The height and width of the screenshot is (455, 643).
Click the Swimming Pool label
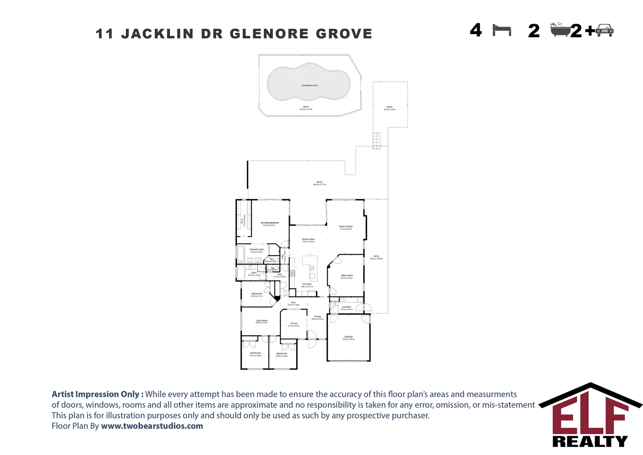[x=310, y=86]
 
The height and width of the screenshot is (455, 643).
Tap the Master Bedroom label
[x=269, y=223]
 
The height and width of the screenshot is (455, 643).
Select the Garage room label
[x=348, y=337]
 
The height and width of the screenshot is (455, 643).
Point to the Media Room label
[x=347, y=276]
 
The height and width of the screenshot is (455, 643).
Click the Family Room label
[x=345, y=227]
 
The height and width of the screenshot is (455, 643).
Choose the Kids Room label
[x=261, y=321]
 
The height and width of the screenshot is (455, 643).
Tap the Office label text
[x=294, y=324]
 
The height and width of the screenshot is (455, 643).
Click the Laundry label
[x=346, y=307]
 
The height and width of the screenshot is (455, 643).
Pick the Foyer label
[x=317, y=317]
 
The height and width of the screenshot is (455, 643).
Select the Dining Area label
[x=308, y=239]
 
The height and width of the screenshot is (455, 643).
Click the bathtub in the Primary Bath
[x=241, y=254]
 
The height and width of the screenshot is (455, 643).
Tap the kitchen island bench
[x=310, y=268]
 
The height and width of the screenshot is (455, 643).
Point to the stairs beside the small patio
[x=377, y=141]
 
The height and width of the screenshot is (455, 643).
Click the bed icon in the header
[x=502, y=30]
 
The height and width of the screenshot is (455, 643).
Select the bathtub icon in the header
[x=560, y=30]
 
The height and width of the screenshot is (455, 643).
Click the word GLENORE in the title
[x=269, y=34]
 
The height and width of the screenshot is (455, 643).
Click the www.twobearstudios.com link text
[x=152, y=426]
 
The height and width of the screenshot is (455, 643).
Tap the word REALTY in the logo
[x=590, y=441]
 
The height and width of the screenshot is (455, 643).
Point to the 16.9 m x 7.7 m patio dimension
[x=319, y=185]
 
